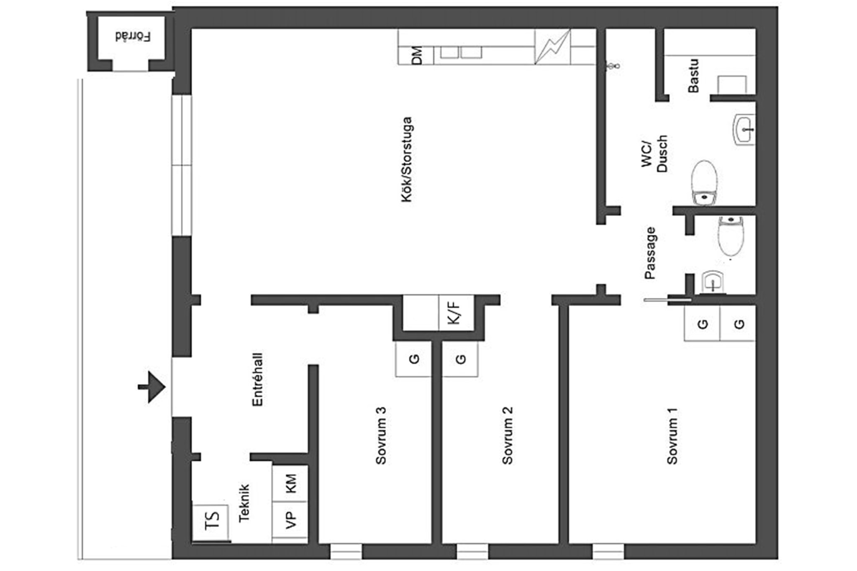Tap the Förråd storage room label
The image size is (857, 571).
133,37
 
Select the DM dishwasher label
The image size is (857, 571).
417,55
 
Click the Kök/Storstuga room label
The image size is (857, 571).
407,159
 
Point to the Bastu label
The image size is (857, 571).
693,76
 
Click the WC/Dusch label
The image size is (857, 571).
654,154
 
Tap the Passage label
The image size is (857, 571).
650,253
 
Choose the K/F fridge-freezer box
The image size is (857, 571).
456,312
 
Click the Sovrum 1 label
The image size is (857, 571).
672,436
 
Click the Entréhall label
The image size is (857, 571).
257,379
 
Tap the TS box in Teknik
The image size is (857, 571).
211,522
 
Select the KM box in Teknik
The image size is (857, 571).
290,483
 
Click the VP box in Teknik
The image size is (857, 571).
290,520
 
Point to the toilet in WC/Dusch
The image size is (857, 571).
704,183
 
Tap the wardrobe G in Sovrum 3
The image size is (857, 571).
413,359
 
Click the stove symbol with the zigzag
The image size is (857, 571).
552,46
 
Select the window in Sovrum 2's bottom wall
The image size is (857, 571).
472,551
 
